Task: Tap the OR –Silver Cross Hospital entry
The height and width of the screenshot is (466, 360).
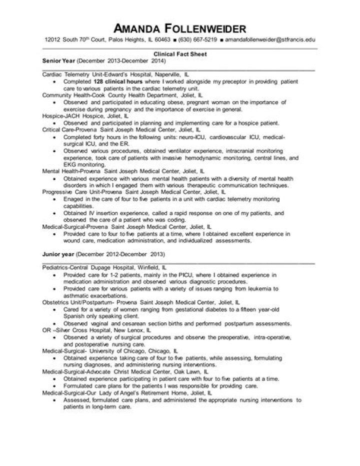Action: click(x=95, y=330)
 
